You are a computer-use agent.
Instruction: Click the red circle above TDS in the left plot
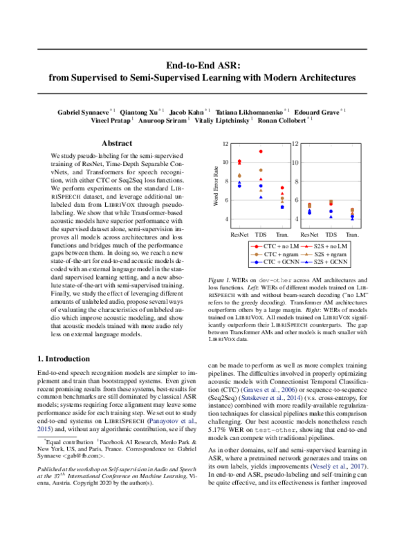261,152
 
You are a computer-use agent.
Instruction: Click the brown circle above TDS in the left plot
261,170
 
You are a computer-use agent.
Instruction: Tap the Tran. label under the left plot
282,235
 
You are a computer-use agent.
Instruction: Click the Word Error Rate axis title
216,183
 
